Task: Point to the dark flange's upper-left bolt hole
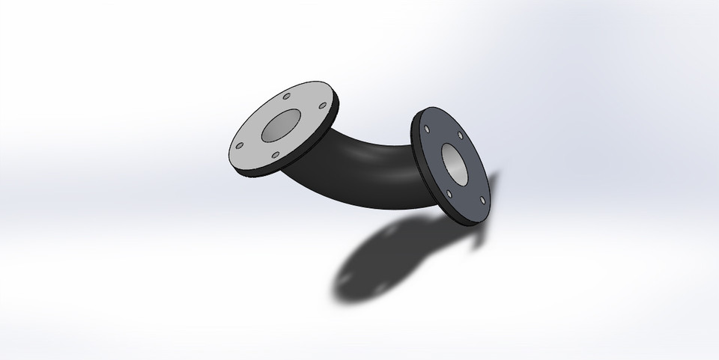click(427, 130)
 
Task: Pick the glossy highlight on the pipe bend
click(367, 150)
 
